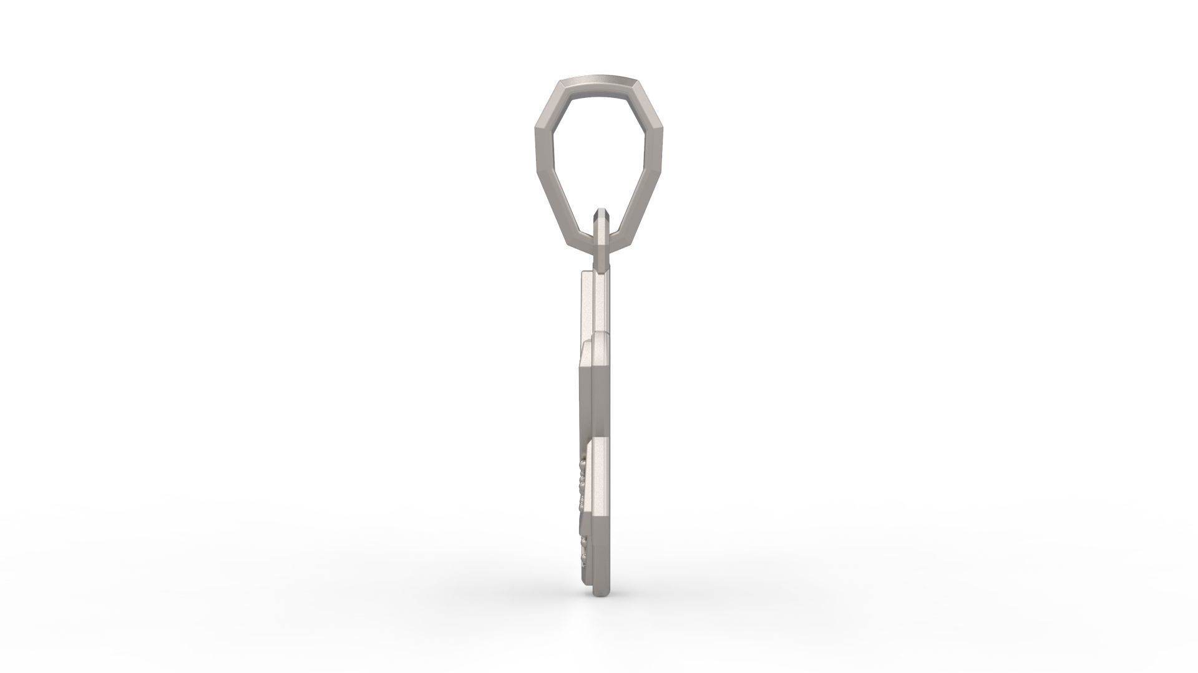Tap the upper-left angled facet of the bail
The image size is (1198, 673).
(x=550, y=95)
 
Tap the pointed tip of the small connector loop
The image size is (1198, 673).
(x=600, y=212)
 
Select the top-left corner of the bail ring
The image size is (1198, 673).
(x=560, y=80)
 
